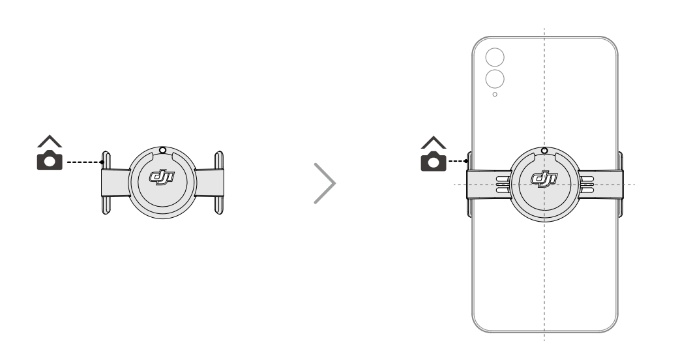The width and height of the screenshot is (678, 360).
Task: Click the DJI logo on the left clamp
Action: coord(162,177)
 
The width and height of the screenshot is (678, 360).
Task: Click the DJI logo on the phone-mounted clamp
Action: coord(544,179)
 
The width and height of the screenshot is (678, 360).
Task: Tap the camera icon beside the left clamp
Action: coord(50,160)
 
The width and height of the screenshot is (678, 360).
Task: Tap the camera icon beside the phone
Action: coord(434,161)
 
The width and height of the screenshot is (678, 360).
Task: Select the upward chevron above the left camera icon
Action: coord(50,141)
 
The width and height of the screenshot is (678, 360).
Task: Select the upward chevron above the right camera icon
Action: coord(434,142)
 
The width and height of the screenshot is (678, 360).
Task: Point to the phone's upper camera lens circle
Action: coord(495,57)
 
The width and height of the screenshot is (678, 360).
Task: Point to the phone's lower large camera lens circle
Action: coord(495,79)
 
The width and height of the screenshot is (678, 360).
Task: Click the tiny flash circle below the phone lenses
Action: coord(495,95)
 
